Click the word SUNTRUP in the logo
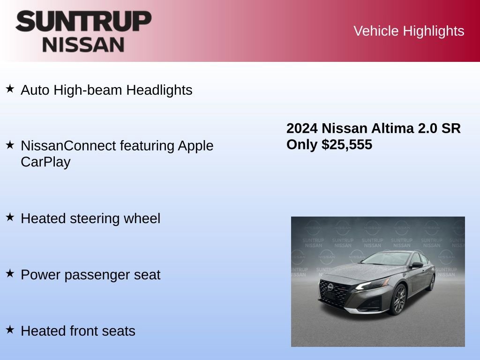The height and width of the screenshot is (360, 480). (x=83, y=21)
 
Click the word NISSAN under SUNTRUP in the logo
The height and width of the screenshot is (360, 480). (x=83, y=45)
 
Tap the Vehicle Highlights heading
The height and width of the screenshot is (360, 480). (x=409, y=31)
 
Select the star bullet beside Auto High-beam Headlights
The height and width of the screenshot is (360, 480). (x=10, y=88)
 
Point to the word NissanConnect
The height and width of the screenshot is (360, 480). (x=68, y=146)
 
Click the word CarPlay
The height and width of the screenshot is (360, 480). (x=45, y=162)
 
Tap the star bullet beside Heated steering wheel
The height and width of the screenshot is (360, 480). (x=10, y=217)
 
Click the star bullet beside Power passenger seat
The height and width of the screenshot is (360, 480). (x=10, y=273)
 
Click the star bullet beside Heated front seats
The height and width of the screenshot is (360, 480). (x=10, y=329)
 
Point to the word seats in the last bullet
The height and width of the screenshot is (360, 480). (x=120, y=331)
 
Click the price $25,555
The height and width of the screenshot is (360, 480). (x=347, y=144)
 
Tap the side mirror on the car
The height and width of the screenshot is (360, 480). (x=416, y=265)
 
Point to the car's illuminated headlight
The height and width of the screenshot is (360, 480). (x=373, y=284)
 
